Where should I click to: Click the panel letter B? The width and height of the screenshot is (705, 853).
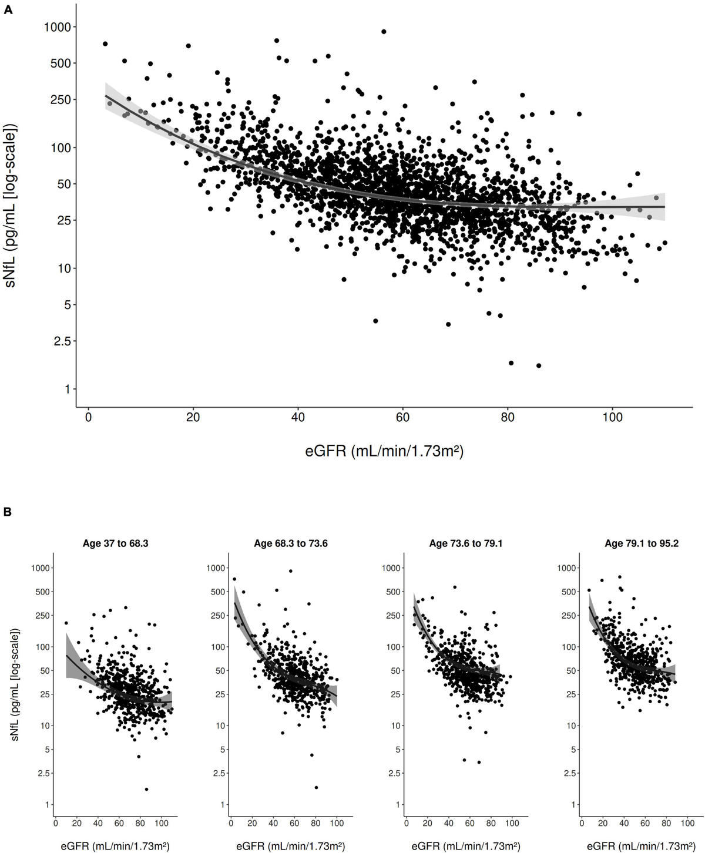(x=8, y=512)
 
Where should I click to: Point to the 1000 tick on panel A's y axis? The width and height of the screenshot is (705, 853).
(x=59, y=26)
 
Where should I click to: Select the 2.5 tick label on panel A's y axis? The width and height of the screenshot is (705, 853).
(x=61, y=341)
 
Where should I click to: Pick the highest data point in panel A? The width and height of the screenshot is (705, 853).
(x=384, y=32)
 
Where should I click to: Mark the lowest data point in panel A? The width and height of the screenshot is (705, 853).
(x=539, y=365)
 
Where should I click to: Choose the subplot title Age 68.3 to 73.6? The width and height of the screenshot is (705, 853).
(x=291, y=544)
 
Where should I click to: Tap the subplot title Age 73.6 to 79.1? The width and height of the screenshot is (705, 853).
(x=466, y=544)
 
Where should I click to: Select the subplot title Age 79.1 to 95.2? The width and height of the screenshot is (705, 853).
(x=642, y=544)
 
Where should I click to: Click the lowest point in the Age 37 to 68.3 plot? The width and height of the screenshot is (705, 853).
(x=146, y=789)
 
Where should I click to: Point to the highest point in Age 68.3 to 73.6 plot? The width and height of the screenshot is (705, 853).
(x=290, y=571)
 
